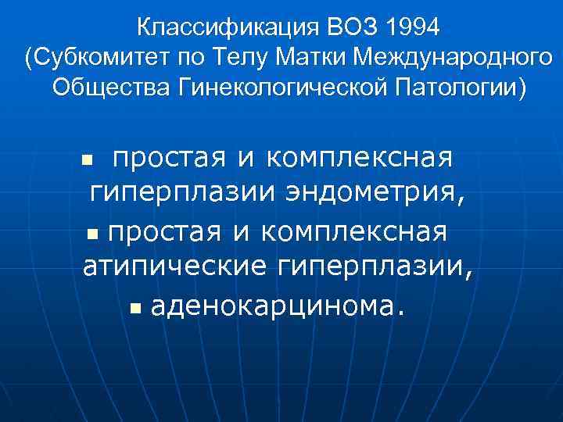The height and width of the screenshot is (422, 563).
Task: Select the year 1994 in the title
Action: point(414,29)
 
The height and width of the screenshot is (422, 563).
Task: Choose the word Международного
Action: point(454,57)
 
